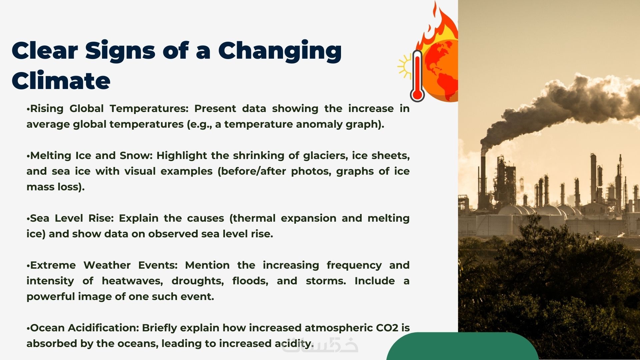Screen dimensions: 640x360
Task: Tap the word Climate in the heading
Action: point(61,80)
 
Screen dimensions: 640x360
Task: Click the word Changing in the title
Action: point(280,51)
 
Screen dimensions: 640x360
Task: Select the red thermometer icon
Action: point(417,76)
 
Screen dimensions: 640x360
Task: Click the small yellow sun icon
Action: point(405,66)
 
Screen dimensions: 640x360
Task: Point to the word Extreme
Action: point(53,265)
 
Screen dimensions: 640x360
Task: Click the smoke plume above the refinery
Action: point(560,107)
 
